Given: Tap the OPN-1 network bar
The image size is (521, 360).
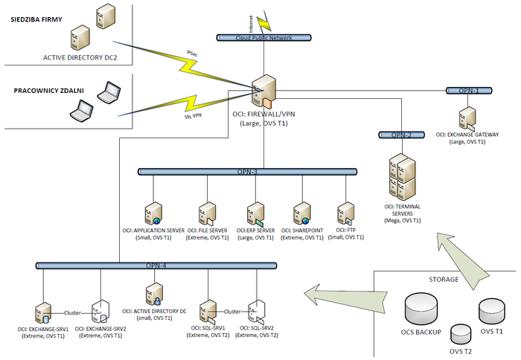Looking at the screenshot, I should click(x=468, y=90).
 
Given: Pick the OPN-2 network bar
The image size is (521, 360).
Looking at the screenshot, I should click(x=401, y=135).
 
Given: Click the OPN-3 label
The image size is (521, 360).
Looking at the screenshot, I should click(x=248, y=172).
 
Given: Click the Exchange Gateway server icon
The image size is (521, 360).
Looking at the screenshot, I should click(x=467, y=119).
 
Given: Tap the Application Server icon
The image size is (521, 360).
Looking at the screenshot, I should click(x=153, y=213).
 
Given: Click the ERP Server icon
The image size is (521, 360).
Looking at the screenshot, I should click(x=256, y=213).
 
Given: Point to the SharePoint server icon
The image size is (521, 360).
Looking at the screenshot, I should click(x=301, y=213).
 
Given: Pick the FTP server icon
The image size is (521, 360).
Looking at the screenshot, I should click(x=345, y=213).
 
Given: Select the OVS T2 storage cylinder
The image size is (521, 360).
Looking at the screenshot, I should click(x=461, y=335).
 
